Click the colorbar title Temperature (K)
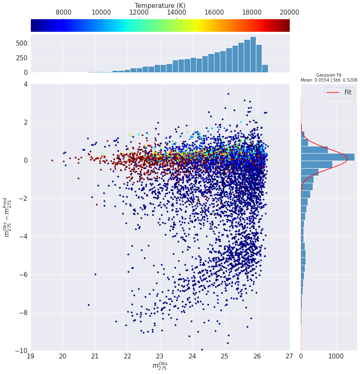click(160, 6)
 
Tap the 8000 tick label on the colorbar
click(64, 13)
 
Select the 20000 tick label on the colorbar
click(289, 13)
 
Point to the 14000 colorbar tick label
click(176, 13)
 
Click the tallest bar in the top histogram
click(253, 54)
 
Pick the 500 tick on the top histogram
click(22, 43)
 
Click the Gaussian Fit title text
click(329, 75)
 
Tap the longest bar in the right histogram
click(328, 157)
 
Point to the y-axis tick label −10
click(21, 351)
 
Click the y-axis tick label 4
click(25, 85)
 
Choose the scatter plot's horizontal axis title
click(160, 366)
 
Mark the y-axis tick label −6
click(23, 274)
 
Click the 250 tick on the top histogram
click(22, 58)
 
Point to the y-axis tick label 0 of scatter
click(25, 160)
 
